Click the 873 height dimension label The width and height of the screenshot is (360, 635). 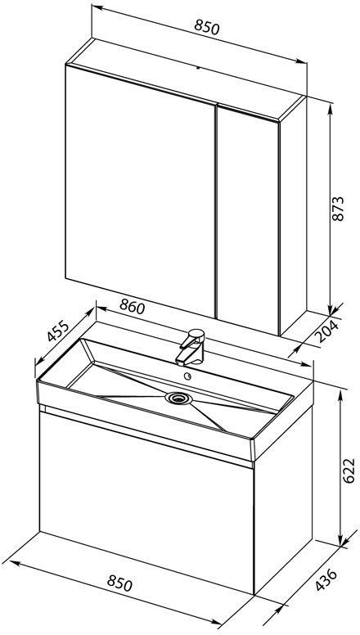(x=338, y=209)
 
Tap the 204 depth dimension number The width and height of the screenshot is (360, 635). (x=326, y=331)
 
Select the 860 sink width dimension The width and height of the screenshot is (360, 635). (x=132, y=308)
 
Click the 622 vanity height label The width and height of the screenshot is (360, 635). (x=349, y=471)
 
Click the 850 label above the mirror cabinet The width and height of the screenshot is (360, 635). (x=207, y=28)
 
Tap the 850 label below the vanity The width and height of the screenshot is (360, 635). (x=120, y=583)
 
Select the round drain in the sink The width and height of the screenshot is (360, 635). (x=178, y=398)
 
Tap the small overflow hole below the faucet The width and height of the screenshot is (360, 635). (x=187, y=376)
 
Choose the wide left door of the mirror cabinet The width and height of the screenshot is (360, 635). (x=140, y=191)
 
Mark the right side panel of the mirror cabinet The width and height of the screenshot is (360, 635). (x=294, y=214)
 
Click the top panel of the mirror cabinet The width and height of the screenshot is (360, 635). (x=187, y=79)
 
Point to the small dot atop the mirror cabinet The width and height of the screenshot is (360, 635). (x=198, y=68)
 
